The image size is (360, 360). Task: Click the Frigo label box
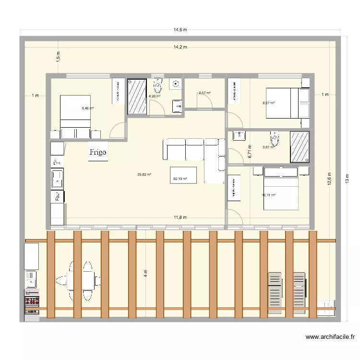tap(98, 152)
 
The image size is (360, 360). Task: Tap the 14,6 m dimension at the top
tap(180, 30)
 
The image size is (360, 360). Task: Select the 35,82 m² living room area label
tap(144, 175)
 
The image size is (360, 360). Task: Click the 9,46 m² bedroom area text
tap(88, 108)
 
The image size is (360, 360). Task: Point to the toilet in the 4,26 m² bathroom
tap(158, 86)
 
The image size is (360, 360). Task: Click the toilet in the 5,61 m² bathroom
tap(275, 139)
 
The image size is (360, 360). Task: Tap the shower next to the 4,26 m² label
tap(137, 96)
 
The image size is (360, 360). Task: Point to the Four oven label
tap(57, 196)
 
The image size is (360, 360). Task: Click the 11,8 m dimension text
tap(180, 217)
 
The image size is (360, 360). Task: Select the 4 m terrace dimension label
tap(145, 274)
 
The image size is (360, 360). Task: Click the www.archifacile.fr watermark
tap(330, 337)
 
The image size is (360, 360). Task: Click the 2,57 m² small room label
tap(205, 93)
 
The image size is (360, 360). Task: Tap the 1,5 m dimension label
tap(58, 58)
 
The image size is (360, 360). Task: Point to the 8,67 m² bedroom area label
tap(268, 103)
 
